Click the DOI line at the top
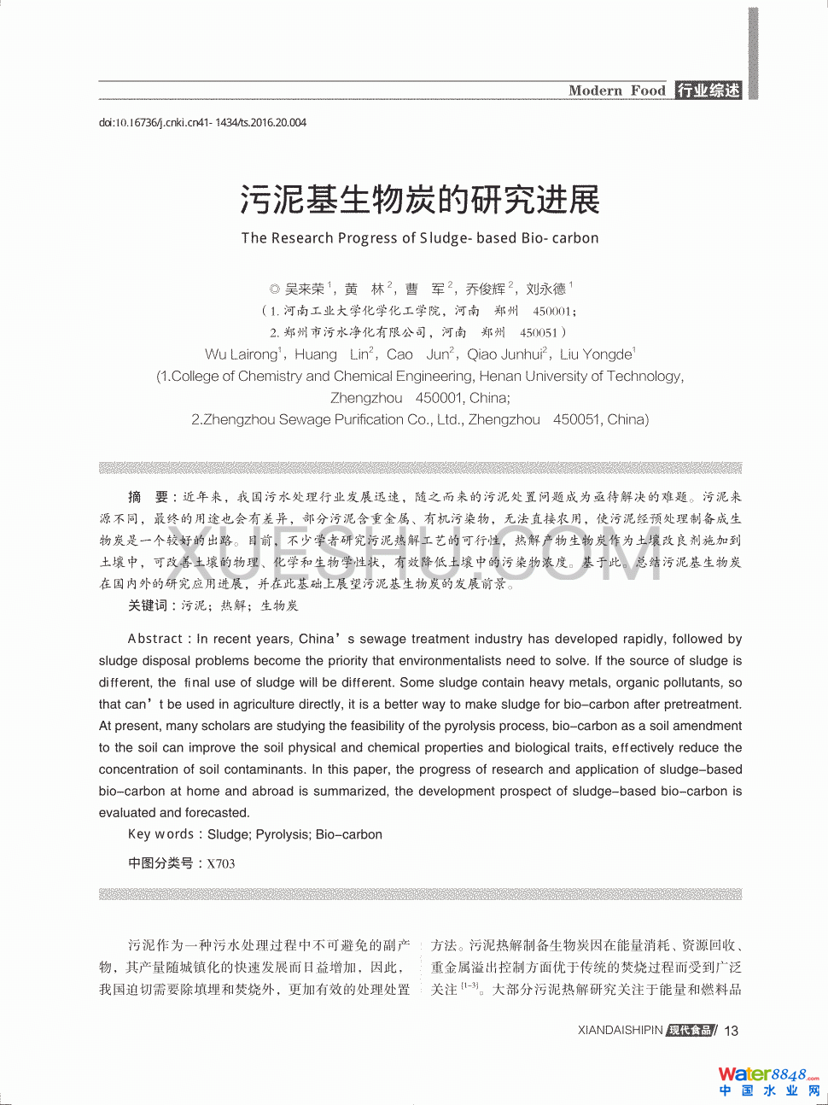coord(202,123)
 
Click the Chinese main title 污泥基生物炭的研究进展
coord(420,201)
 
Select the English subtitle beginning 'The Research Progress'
coord(420,238)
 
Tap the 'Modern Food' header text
coord(616,91)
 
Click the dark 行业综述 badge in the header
coord(708,91)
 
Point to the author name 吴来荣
coord(305,289)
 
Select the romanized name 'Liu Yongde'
coord(596,354)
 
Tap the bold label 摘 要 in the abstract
coord(149,497)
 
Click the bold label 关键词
coord(148,605)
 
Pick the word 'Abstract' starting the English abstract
coord(155,639)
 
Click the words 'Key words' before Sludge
coord(161,834)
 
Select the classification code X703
coord(220,863)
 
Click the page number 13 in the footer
coord(732,1031)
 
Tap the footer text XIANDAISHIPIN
coord(620,1031)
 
